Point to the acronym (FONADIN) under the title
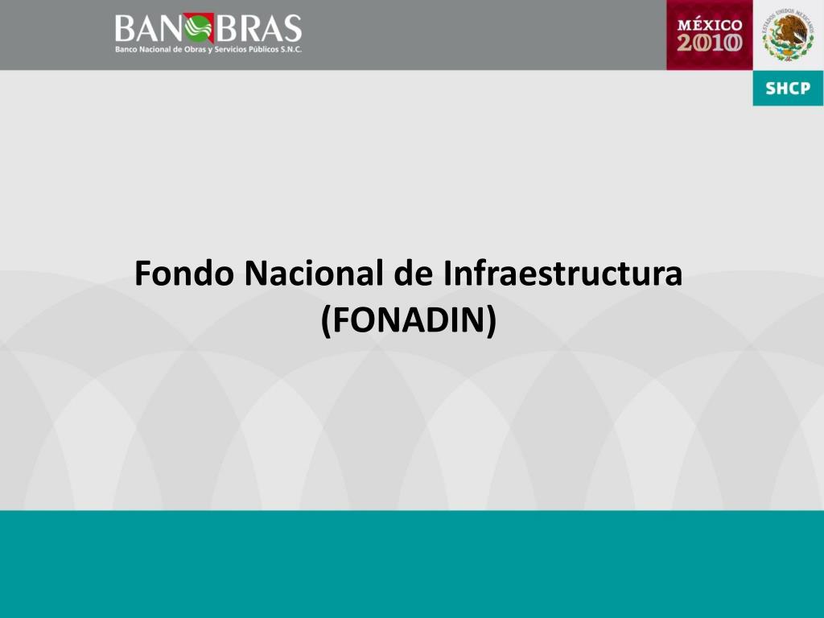(x=409, y=320)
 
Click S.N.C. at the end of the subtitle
(x=290, y=50)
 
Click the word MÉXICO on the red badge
(x=710, y=25)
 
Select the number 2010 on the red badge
(x=710, y=43)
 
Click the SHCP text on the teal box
(x=788, y=89)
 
